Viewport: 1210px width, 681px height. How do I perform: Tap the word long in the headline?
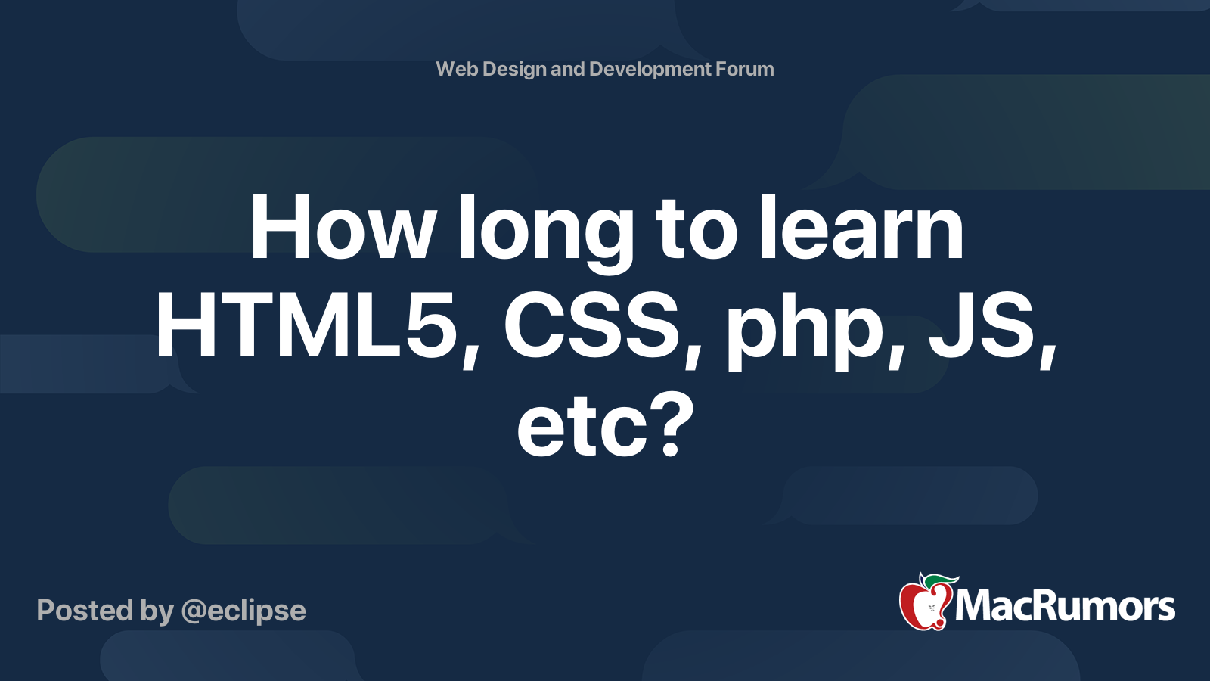[x=545, y=234]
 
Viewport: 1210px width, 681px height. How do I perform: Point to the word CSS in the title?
[x=591, y=328]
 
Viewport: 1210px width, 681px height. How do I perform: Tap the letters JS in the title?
[x=982, y=328]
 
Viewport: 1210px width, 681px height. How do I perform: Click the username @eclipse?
[x=244, y=611]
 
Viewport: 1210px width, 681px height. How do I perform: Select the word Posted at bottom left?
[x=85, y=610]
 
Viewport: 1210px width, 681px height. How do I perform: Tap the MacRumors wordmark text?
[x=1065, y=606]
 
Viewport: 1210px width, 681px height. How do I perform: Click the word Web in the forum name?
[x=457, y=69]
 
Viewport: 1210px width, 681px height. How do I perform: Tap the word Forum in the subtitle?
[x=745, y=69]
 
